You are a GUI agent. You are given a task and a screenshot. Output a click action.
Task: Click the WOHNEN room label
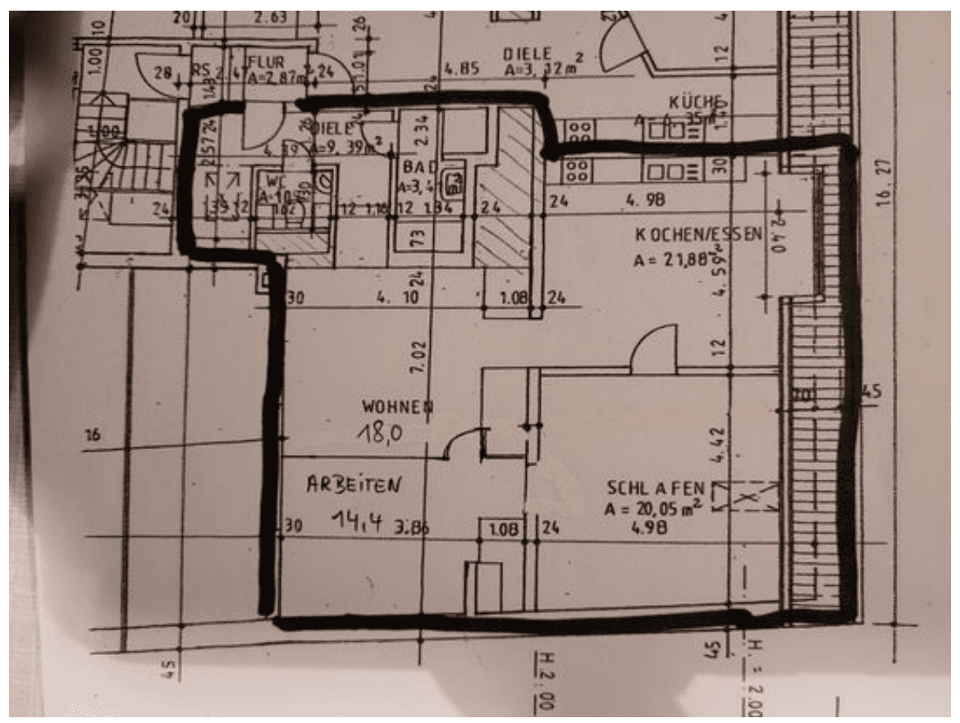(398, 407)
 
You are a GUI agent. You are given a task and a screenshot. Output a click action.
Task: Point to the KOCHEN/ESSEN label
(697, 234)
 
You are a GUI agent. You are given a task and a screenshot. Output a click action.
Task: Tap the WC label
(270, 178)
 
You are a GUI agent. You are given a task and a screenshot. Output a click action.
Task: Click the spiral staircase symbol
(115, 164)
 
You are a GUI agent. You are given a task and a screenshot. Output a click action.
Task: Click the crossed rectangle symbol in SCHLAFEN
(744, 497)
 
